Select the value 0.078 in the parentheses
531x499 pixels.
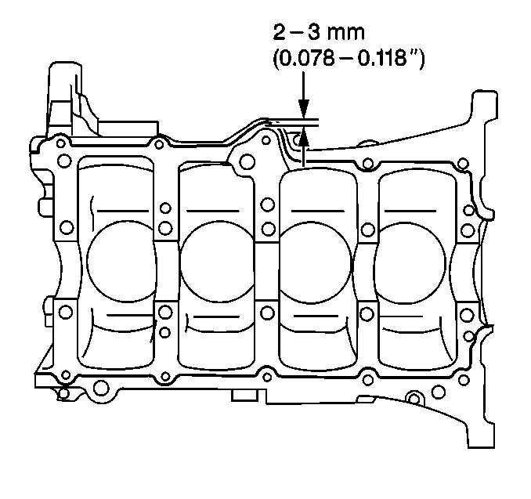click(x=306, y=59)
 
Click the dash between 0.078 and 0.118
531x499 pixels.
click(x=345, y=59)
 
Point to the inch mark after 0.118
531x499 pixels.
click(x=412, y=53)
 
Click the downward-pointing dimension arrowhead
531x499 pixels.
click(x=303, y=108)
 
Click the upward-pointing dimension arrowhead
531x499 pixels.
click(x=303, y=137)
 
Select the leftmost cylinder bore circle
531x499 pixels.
click(x=121, y=261)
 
